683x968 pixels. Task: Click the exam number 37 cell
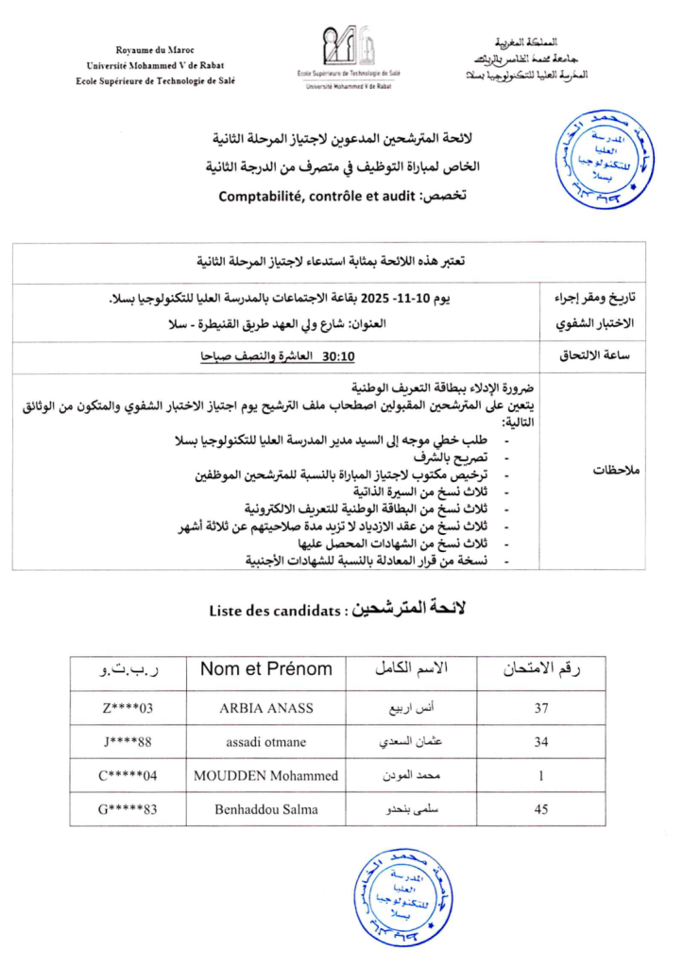(x=541, y=708)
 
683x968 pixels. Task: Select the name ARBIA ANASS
(x=265, y=708)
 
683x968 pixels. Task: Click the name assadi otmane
(x=265, y=742)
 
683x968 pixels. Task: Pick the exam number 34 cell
(x=541, y=742)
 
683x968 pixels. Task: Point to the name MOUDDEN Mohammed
(x=265, y=776)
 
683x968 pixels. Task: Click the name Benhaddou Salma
(x=265, y=809)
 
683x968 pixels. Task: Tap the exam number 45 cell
(x=541, y=809)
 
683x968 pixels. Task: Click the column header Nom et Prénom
(x=265, y=669)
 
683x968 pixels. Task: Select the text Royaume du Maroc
(x=154, y=49)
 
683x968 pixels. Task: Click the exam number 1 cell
(x=541, y=776)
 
